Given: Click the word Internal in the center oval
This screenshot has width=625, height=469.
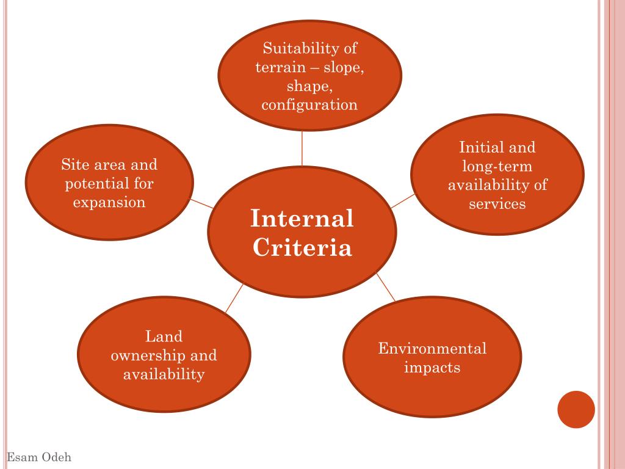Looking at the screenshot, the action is tap(302, 219).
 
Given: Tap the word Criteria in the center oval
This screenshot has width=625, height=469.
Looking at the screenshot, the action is tap(302, 249).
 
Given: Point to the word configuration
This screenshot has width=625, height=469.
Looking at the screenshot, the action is tap(309, 105).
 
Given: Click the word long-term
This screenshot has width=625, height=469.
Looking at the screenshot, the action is tap(497, 166).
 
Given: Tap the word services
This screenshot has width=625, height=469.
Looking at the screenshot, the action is tap(497, 204).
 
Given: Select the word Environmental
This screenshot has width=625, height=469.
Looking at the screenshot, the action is tap(432, 349).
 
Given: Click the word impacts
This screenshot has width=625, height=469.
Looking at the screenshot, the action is tap(432, 368).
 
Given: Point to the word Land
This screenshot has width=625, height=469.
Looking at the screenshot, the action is tap(164, 336).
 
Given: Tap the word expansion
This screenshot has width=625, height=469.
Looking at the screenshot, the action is tap(109, 202).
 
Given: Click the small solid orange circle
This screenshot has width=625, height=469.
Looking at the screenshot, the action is tap(576, 409).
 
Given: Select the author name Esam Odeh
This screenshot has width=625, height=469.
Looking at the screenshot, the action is tap(39, 457).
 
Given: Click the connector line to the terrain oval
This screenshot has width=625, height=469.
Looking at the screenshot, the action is tap(302, 148).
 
